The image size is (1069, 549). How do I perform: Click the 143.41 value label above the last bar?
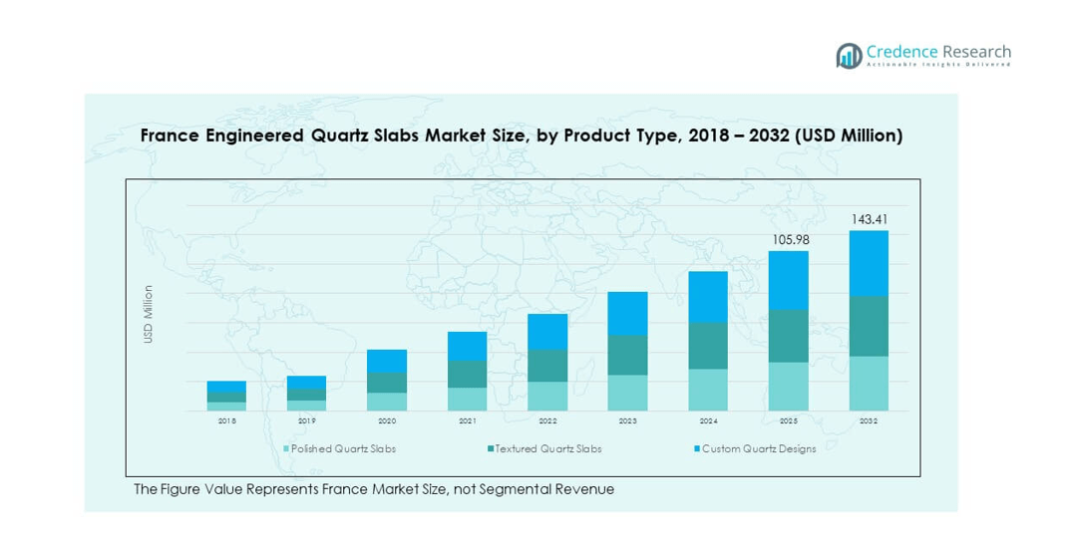(x=869, y=219)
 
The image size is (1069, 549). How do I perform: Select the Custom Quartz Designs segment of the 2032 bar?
(x=869, y=263)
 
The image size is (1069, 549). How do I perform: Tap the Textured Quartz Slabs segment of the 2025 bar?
(x=788, y=336)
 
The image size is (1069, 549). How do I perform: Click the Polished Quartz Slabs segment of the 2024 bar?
(x=708, y=390)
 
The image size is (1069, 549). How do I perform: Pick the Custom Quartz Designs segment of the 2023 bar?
(x=627, y=313)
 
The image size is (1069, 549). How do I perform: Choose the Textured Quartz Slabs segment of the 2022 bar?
(x=547, y=366)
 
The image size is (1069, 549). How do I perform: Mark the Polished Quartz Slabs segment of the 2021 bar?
(x=467, y=399)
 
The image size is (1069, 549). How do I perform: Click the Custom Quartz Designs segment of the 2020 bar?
(x=387, y=361)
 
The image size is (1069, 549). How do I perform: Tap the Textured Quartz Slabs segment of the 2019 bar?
(x=306, y=395)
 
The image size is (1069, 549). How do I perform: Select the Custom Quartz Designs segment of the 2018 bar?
(x=226, y=387)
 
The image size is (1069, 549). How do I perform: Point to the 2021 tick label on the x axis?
(x=467, y=421)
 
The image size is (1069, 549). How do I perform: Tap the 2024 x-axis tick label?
(x=708, y=421)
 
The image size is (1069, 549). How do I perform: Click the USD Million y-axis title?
(x=149, y=314)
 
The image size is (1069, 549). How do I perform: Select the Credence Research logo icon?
(x=849, y=56)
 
